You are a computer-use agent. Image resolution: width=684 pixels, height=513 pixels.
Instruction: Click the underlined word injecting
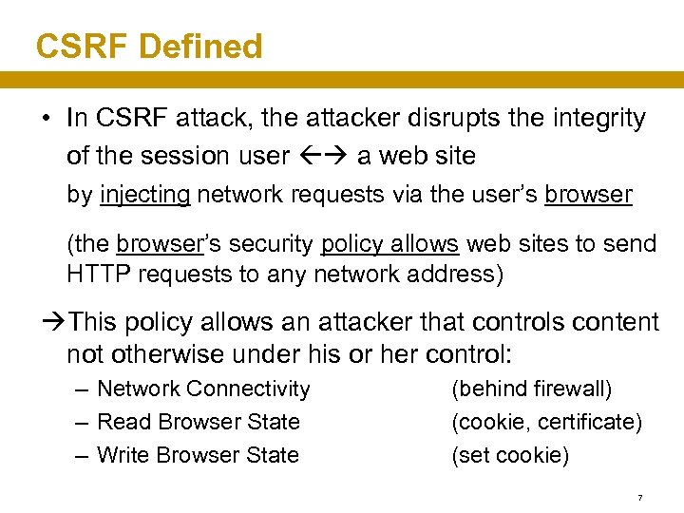click(144, 195)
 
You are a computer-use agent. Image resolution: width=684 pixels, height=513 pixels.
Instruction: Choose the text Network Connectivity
click(203, 389)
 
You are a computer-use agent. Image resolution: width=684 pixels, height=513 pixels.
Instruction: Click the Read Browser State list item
click(198, 422)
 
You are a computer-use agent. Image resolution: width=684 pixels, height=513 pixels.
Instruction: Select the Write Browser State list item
click(198, 455)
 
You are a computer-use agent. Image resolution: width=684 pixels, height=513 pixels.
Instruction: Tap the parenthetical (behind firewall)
click(531, 389)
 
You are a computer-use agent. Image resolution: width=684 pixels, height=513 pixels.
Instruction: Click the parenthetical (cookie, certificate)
click(546, 422)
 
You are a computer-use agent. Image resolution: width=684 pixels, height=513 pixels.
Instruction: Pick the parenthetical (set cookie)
click(510, 455)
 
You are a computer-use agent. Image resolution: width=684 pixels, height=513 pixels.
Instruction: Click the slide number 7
click(640, 498)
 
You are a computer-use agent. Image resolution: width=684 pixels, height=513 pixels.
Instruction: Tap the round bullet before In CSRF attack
click(46, 120)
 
